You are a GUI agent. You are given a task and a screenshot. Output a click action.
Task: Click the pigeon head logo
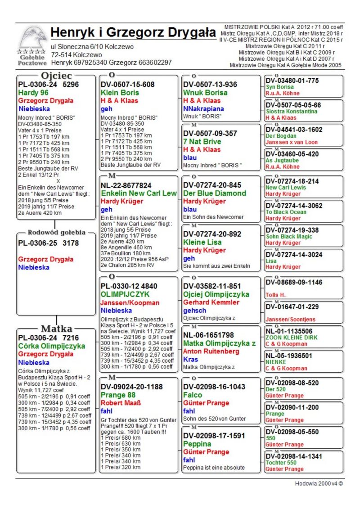tap(32, 39)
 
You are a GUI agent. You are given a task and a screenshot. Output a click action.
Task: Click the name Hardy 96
tap(33, 93)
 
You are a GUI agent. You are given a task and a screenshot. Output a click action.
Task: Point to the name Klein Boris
tap(120, 93)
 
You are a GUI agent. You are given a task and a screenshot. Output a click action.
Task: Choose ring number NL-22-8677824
tap(126, 185)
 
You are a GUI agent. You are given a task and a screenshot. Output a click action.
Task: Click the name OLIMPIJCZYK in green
tap(125, 294)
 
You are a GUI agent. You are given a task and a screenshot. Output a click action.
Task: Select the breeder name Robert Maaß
tap(120, 403)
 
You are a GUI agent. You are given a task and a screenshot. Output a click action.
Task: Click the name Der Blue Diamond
tap(215, 194)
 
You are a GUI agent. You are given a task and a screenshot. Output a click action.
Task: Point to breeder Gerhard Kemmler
tap(211, 302)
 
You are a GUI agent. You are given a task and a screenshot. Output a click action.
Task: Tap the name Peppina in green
tap(197, 444)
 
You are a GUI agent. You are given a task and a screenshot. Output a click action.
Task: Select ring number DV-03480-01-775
tap(292, 81)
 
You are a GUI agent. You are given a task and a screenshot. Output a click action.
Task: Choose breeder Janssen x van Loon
tap(292, 142)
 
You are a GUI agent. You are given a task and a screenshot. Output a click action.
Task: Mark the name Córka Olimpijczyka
tap(52, 346)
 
